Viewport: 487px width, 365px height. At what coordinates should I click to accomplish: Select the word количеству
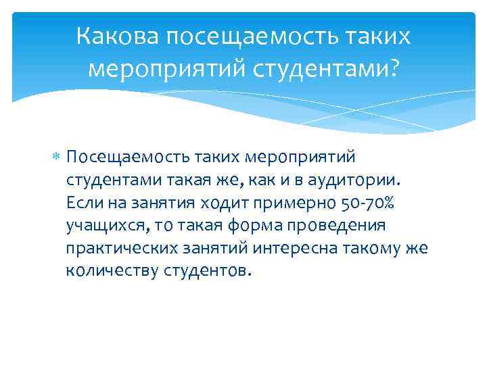click(x=112, y=271)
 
